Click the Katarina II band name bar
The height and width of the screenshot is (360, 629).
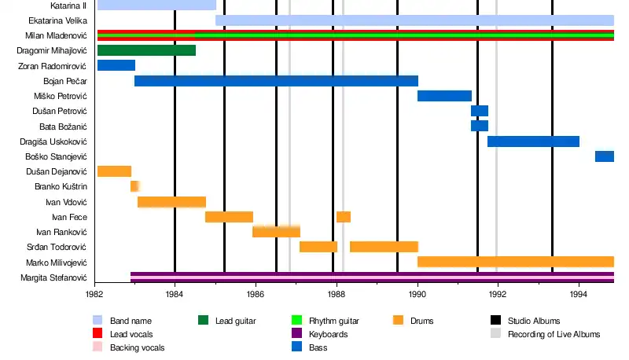click(156, 5)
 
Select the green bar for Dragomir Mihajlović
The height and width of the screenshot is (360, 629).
click(146, 50)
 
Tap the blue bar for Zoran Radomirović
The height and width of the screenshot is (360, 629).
click(116, 65)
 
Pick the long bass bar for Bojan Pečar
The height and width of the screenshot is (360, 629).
click(276, 80)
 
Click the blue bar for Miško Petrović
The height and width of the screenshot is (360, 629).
click(444, 96)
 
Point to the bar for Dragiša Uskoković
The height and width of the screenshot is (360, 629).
click(533, 141)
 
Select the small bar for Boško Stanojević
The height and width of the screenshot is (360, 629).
click(604, 156)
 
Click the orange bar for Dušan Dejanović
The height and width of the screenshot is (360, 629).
click(114, 171)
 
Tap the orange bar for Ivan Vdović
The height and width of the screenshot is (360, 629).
click(171, 202)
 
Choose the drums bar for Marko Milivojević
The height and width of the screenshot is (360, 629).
click(515, 262)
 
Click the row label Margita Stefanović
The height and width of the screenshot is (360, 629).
click(57, 277)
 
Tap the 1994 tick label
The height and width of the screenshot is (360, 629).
click(579, 293)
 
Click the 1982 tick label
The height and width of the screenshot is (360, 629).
click(94, 293)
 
